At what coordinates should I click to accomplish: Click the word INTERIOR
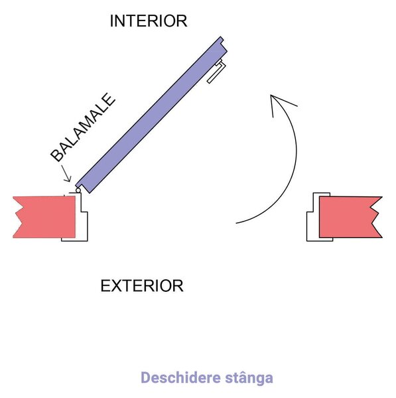click(x=149, y=21)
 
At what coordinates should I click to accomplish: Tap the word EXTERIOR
click(x=142, y=286)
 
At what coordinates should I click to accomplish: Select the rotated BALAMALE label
click(x=83, y=127)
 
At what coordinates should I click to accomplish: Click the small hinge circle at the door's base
click(x=78, y=190)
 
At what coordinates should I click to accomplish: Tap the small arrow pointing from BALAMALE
click(x=66, y=174)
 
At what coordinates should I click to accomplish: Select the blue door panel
click(x=151, y=115)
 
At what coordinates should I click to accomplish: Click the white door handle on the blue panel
click(x=216, y=72)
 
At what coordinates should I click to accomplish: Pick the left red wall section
click(x=44, y=218)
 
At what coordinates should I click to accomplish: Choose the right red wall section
click(x=350, y=218)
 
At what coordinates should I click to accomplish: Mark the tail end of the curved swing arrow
click(x=236, y=223)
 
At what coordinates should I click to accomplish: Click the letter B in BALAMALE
click(x=57, y=155)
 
